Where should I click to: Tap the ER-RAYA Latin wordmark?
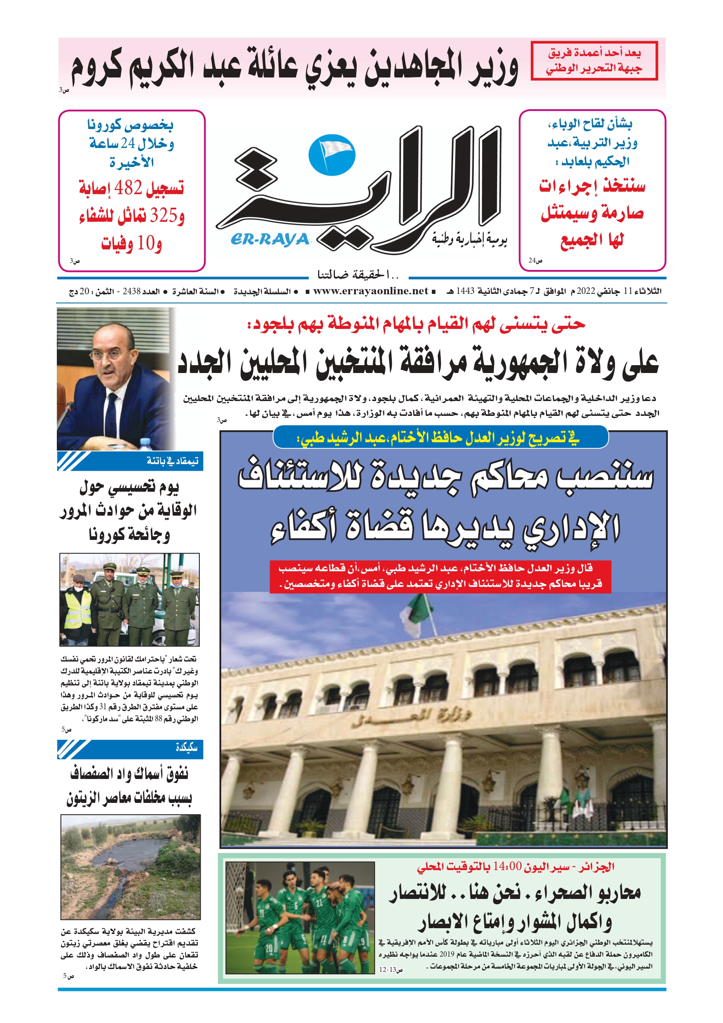coord(270,239)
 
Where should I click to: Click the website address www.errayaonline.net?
coord(370,291)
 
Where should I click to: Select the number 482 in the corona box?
coord(128,188)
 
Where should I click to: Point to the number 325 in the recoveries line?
coord(164,216)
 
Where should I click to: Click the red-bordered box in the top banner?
coord(594,61)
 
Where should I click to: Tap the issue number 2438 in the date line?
coord(132,291)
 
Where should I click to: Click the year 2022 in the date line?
coord(586,291)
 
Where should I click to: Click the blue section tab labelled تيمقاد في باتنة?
coord(130,461)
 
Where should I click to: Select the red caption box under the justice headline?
coord(440,576)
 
